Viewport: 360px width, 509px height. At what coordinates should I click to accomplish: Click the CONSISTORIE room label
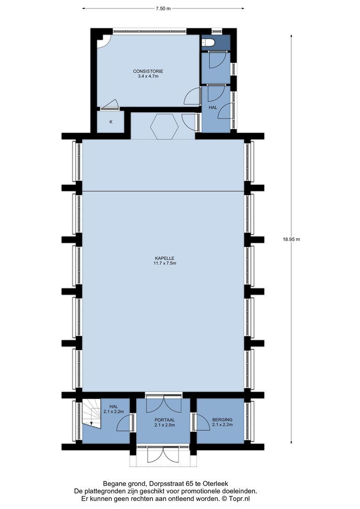(148, 71)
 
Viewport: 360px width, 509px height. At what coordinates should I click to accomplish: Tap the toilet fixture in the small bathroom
(209, 43)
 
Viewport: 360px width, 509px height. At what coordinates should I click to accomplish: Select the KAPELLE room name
(164, 258)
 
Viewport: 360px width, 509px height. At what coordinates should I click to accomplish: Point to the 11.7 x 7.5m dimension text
(164, 263)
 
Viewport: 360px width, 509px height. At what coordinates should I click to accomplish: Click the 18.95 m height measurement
(291, 239)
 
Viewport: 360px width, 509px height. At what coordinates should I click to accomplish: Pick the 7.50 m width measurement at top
(163, 8)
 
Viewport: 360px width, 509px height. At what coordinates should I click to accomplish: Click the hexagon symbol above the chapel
(164, 126)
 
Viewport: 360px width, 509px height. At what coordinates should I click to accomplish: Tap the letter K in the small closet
(111, 122)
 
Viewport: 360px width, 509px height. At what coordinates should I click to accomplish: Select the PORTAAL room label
(164, 419)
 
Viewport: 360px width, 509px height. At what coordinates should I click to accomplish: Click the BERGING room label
(222, 419)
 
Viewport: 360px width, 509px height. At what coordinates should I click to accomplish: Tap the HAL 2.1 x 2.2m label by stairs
(113, 409)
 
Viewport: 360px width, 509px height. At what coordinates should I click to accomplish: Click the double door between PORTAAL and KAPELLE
(164, 404)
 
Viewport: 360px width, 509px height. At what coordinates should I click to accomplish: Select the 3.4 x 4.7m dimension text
(148, 76)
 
